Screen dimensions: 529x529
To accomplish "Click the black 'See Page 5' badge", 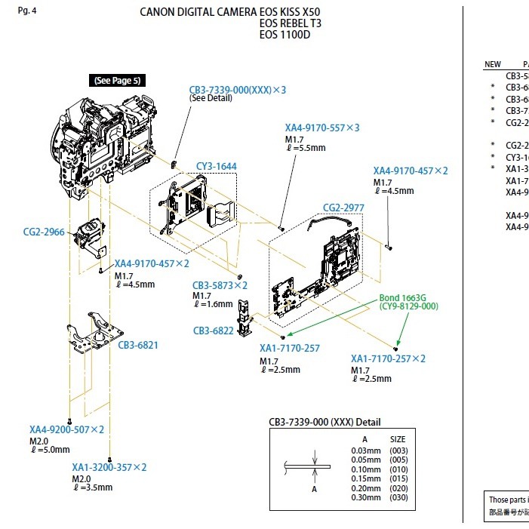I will [x=117, y=81].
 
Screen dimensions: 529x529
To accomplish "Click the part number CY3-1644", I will [x=217, y=166].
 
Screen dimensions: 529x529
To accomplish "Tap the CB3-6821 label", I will [x=138, y=345].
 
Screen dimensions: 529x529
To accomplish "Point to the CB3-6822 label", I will [x=213, y=331].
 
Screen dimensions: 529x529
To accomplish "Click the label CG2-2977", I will [x=343, y=208].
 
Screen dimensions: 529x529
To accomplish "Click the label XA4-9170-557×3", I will [x=322, y=128].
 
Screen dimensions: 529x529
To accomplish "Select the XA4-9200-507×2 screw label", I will [x=66, y=429].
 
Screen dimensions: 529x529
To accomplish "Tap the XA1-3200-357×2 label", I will [x=109, y=467].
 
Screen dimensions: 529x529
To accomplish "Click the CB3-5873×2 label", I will [x=220, y=285].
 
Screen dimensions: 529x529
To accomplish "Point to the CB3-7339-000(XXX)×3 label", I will [x=238, y=90].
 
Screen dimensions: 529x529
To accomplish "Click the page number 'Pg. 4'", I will [x=26, y=11].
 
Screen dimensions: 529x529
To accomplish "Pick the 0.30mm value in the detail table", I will [x=365, y=497].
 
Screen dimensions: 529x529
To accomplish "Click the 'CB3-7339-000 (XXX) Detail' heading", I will [x=324, y=422].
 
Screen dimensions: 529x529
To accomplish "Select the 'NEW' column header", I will [x=492, y=65].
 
